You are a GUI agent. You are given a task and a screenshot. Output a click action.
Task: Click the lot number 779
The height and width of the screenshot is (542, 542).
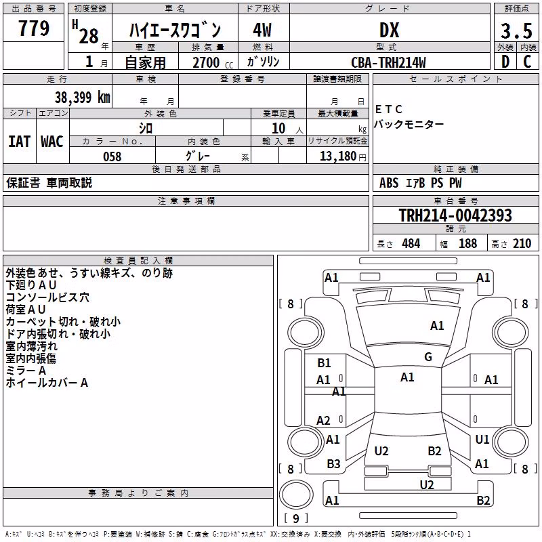[33, 28]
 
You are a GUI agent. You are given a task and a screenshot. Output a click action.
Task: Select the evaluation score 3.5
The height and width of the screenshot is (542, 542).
[516, 30]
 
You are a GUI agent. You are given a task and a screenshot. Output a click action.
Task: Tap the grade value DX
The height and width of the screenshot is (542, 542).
[389, 30]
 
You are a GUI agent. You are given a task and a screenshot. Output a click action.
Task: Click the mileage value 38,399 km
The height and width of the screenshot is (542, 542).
[82, 97]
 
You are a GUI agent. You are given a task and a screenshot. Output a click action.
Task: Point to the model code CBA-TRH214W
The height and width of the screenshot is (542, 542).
[388, 62]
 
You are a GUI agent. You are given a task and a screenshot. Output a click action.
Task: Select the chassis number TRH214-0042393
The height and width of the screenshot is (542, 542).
[455, 215]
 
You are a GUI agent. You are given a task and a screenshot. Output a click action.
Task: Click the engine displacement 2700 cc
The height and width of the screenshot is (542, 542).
[213, 62]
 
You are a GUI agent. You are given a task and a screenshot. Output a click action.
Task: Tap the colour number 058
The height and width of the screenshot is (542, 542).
[112, 157]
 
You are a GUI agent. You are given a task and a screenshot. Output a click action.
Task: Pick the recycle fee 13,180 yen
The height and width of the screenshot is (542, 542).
[343, 157]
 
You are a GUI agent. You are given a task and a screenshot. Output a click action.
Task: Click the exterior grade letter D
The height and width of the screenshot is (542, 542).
[505, 62]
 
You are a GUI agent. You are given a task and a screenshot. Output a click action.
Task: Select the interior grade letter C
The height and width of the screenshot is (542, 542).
[527, 62]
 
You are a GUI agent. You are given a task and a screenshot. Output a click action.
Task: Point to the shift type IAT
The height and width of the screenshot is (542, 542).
[20, 142]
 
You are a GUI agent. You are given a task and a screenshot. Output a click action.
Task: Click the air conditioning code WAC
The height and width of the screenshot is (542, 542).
[52, 142]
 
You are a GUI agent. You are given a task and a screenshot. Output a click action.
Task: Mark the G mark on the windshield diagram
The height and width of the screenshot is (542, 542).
[428, 357]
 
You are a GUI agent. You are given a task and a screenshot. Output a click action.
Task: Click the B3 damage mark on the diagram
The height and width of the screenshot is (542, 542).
[333, 464]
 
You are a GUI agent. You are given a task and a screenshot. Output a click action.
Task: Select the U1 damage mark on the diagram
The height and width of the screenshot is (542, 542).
[482, 439]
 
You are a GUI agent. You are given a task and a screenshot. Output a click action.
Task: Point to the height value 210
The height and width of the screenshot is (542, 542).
[522, 243]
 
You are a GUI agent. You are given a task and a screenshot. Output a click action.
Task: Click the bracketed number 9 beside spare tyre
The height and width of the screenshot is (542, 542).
[296, 518]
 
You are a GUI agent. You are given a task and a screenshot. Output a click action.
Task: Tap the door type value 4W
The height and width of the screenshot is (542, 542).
[262, 30]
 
